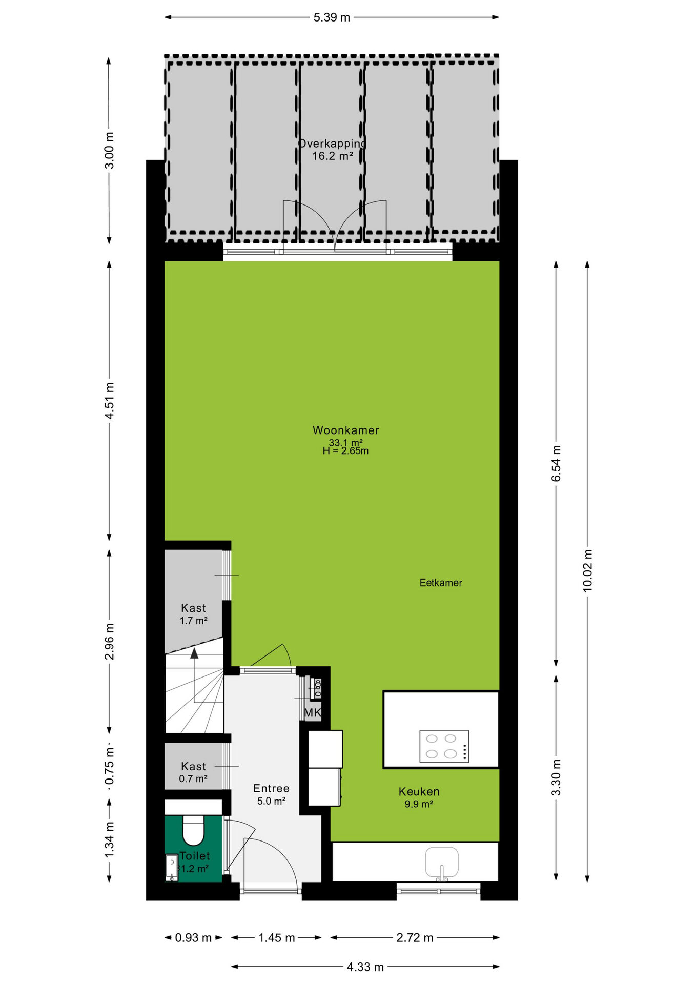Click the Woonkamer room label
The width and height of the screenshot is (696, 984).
[x=346, y=430]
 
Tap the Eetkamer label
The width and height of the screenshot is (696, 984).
[x=441, y=583]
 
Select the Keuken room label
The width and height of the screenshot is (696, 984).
[x=419, y=792]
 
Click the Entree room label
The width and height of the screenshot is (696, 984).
[x=271, y=789]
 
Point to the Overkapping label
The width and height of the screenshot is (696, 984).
[x=333, y=143]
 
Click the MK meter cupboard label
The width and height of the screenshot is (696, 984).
[x=313, y=712]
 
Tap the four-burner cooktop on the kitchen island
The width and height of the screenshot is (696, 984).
[x=444, y=746]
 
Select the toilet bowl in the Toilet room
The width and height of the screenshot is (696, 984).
[x=194, y=830]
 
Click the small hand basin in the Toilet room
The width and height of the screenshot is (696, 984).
[x=172, y=867]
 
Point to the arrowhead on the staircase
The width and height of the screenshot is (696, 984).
[x=194, y=653]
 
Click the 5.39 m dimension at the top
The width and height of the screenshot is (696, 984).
[x=332, y=17]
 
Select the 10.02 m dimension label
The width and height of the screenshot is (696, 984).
[x=587, y=571]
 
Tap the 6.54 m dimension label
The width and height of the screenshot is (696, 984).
[x=556, y=464]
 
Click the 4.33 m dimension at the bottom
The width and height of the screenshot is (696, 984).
[x=365, y=967]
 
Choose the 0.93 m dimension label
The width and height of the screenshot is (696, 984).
[x=193, y=938]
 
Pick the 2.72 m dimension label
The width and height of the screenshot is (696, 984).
[x=415, y=938]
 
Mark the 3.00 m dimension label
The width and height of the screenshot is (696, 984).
[x=109, y=150]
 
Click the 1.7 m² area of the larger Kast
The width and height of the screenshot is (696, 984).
[x=193, y=621]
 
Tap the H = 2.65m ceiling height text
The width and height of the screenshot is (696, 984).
[x=345, y=451]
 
